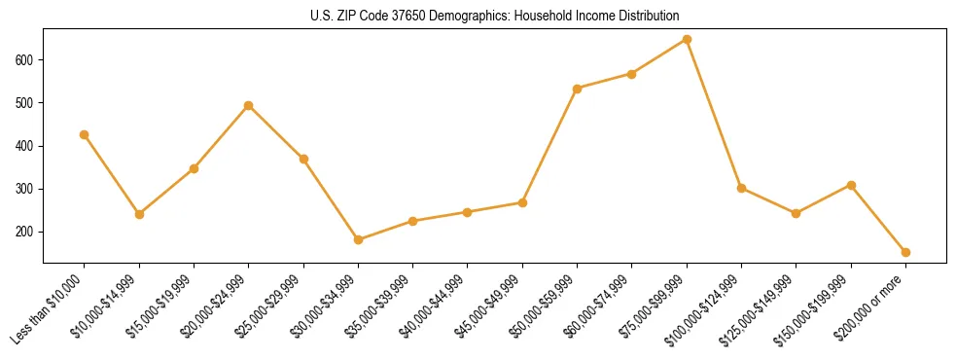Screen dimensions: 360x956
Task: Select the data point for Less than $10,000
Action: tap(85, 134)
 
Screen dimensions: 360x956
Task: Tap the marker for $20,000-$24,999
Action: tap(249, 105)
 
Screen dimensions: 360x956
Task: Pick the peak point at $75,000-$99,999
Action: tap(687, 40)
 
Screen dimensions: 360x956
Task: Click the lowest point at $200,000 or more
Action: tap(905, 252)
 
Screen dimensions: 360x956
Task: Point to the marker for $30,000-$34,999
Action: tap(358, 239)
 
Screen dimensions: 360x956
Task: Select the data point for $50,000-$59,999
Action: tap(578, 89)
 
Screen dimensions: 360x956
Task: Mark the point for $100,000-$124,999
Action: tap(741, 188)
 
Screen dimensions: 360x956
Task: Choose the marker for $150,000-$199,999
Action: tap(851, 185)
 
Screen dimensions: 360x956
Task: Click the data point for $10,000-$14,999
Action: tap(139, 214)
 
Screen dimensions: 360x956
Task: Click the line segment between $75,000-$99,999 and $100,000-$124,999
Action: tap(714, 114)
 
